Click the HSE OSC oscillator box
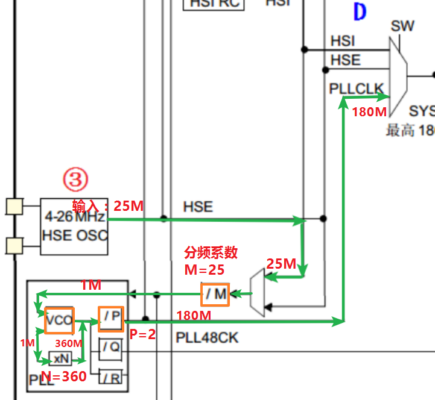74,227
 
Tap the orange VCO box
59,321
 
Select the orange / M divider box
215,295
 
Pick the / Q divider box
110,346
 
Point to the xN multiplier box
60,358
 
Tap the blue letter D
360,13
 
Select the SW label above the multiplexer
402,27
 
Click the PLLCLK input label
356,89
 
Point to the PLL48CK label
207,337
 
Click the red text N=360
63,377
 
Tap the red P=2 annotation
142,334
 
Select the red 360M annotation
69,343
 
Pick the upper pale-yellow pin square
14,207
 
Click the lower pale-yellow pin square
14,245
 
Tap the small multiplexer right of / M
256,293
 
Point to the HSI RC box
214,4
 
